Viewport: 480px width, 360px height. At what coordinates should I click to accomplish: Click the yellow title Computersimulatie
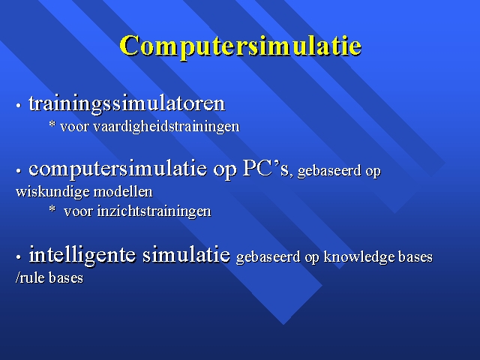tap(241, 46)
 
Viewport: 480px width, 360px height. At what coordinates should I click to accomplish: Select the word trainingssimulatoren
tap(127, 104)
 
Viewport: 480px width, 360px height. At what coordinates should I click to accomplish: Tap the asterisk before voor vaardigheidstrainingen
tap(52, 124)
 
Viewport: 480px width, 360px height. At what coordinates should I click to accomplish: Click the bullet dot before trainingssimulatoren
tap(19, 106)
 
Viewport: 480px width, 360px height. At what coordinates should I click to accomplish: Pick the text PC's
tap(265, 168)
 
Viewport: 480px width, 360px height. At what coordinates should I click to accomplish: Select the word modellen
tap(123, 192)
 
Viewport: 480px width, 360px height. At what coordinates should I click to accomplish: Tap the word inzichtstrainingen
tap(154, 211)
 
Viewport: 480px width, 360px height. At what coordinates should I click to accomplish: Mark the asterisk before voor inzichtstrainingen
tap(52, 209)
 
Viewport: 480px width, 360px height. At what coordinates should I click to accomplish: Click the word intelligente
tap(82, 255)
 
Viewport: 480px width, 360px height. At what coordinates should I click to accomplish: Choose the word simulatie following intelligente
tap(187, 254)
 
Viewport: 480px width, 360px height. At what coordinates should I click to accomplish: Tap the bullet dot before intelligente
tap(19, 257)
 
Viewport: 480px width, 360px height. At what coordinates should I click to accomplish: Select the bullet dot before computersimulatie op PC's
tap(19, 171)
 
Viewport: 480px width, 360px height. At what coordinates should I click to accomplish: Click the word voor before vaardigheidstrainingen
tap(74, 127)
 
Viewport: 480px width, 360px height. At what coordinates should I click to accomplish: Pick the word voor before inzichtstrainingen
tap(78, 211)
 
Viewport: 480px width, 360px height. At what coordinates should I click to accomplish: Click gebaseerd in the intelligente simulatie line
tap(268, 256)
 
